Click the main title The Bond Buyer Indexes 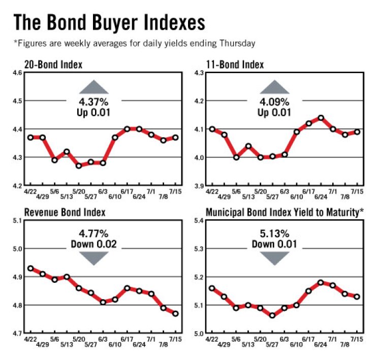[x=109, y=22]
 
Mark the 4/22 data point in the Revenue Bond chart [x=30, y=268]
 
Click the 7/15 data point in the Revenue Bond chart [x=175, y=314]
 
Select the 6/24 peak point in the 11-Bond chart [x=321, y=118]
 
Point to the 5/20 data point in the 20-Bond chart [x=79, y=166]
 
